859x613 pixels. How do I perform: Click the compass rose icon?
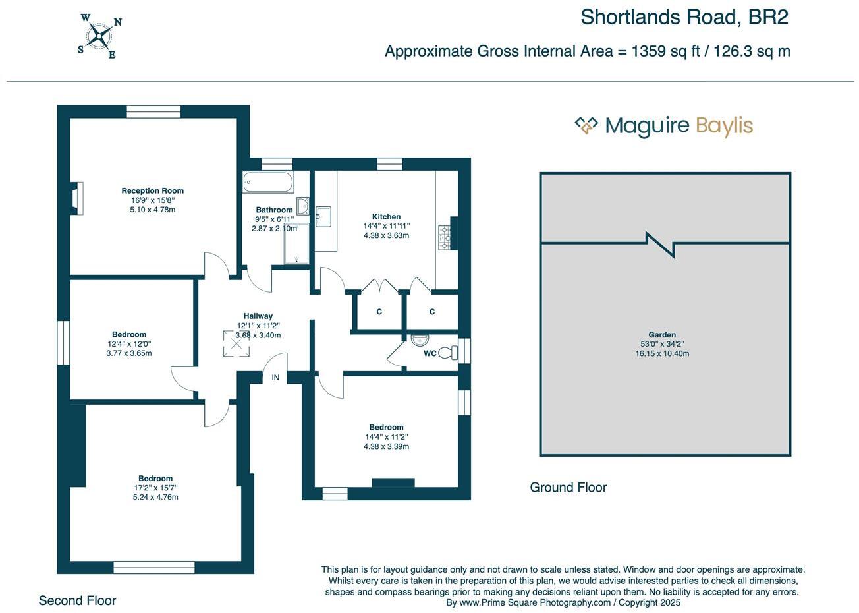tap(101, 36)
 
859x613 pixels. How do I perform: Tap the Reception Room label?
tap(152, 191)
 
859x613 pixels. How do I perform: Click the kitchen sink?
tap(323, 216)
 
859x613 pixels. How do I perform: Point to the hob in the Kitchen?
tap(444, 237)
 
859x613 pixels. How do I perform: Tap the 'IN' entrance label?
tap(275, 378)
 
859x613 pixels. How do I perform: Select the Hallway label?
tap(258, 316)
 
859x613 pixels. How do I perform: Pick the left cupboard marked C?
tap(379, 312)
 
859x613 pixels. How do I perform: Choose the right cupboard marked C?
tap(432, 312)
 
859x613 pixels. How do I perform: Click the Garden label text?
tap(662, 335)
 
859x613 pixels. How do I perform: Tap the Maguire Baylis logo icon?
tap(586, 125)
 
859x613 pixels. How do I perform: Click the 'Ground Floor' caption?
tap(568, 488)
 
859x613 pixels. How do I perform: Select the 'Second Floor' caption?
tap(77, 600)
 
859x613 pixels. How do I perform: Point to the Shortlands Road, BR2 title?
tap(684, 17)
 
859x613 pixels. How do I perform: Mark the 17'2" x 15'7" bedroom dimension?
tap(155, 488)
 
